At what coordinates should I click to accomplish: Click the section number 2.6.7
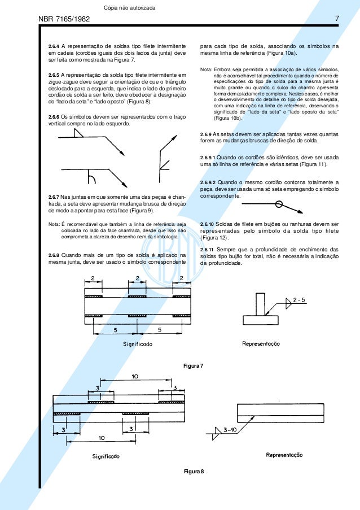coord(54,197)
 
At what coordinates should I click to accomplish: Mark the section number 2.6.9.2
coord(210,182)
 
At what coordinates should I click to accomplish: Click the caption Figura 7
coord(193,366)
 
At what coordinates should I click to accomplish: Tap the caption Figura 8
coord(193,470)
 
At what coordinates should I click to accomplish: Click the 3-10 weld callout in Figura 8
coord(230,430)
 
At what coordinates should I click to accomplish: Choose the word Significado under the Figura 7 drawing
coord(137,343)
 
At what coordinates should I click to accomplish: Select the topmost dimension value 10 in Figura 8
coord(135,376)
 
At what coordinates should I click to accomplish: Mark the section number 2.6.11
coord(208,249)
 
